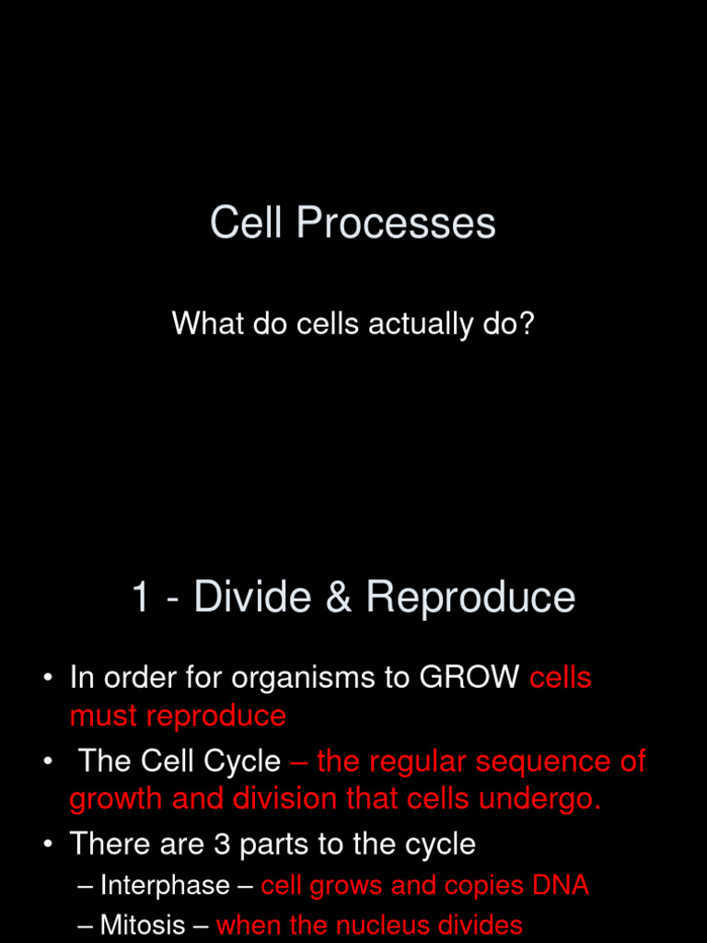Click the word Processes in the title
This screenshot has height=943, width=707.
click(x=396, y=224)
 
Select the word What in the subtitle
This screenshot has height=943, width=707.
click(x=202, y=324)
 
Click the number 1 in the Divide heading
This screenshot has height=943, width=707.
click(x=141, y=598)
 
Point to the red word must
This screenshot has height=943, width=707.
click(x=103, y=716)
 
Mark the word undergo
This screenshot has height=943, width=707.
click(x=545, y=799)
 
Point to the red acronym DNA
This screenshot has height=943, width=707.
click(x=559, y=886)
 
